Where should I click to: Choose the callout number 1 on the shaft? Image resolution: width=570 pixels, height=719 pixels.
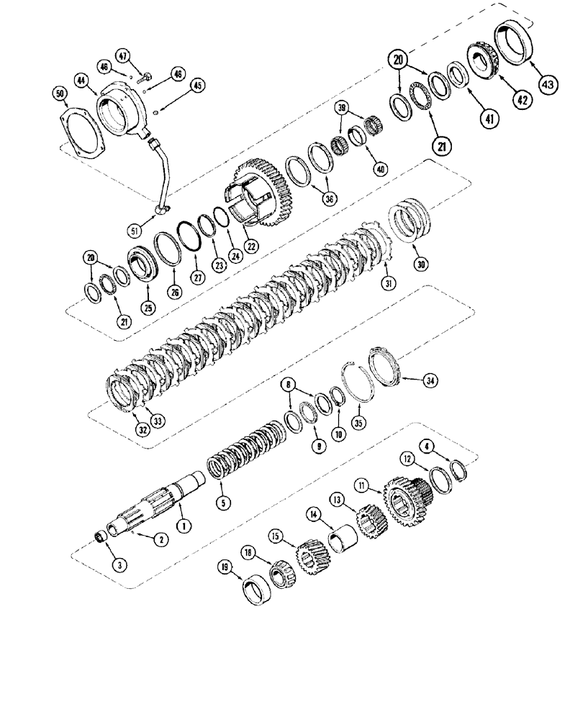click(186, 526)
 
